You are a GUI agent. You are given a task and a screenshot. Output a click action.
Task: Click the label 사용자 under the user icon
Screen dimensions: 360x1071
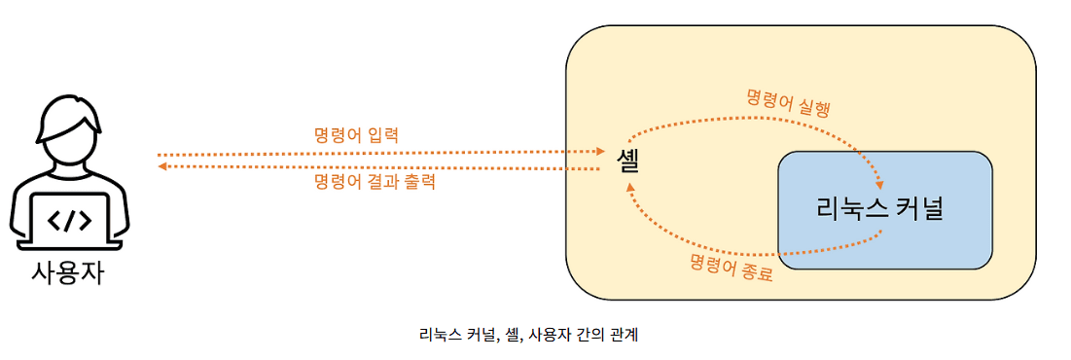(x=67, y=271)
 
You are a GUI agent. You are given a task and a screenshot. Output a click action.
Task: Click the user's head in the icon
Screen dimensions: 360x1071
(x=68, y=135)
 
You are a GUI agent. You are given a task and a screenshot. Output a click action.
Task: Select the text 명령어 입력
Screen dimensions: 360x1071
(x=356, y=135)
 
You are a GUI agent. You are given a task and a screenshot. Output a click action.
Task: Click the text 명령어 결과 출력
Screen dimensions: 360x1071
(x=375, y=182)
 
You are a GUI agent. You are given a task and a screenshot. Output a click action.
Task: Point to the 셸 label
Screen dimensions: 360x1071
(x=626, y=161)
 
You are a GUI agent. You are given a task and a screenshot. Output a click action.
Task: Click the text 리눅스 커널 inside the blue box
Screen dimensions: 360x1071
(x=881, y=208)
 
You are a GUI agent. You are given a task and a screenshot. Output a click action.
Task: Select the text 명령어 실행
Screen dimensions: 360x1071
(x=788, y=100)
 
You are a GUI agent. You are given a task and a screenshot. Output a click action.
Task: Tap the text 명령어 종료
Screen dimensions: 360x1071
(x=732, y=267)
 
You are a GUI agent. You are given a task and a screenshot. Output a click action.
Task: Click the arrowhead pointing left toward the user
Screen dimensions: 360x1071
(x=163, y=167)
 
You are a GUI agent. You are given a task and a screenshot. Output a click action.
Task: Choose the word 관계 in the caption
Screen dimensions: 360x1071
(x=622, y=336)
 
